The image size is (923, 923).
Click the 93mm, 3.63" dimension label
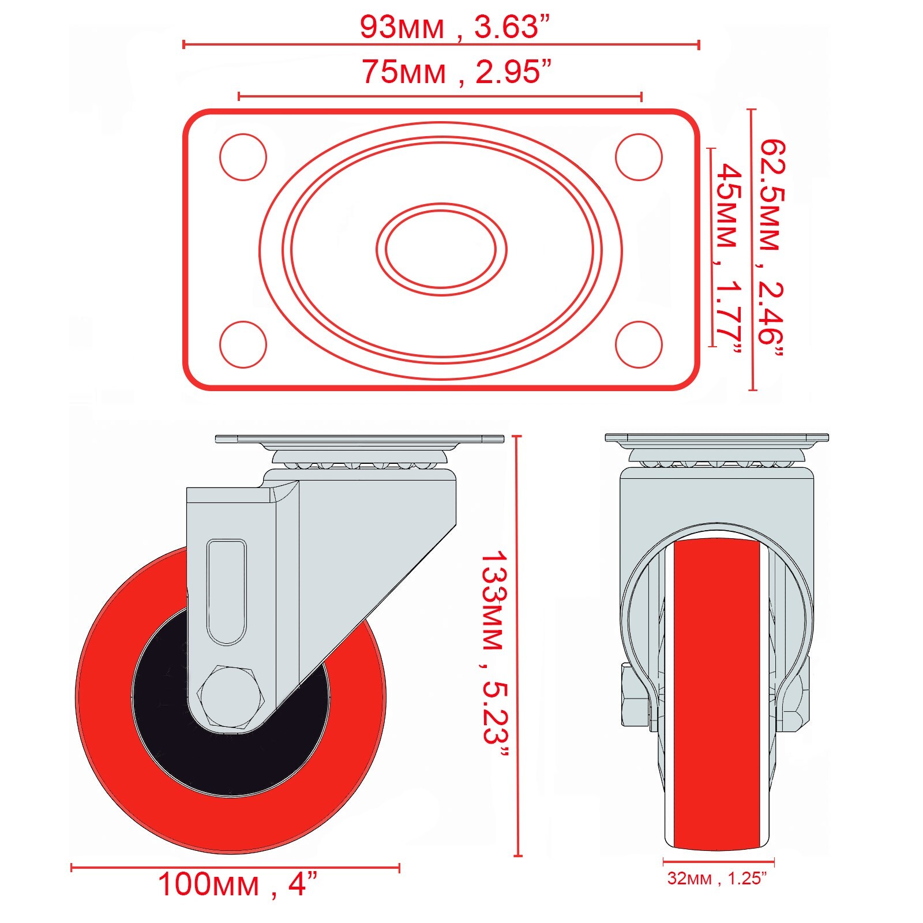(x=455, y=27)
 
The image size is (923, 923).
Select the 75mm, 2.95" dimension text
(x=456, y=72)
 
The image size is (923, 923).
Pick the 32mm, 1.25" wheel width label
(x=717, y=878)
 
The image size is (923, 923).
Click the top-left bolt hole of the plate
(x=243, y=157)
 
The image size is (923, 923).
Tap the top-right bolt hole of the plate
(x=638, y=157)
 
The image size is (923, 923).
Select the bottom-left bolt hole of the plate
(x=243, y=344)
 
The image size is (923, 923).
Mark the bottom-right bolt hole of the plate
(x=638, y=344)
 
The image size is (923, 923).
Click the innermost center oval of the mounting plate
(x=441, y=249)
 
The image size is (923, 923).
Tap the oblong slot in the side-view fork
(x=227, y=591)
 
